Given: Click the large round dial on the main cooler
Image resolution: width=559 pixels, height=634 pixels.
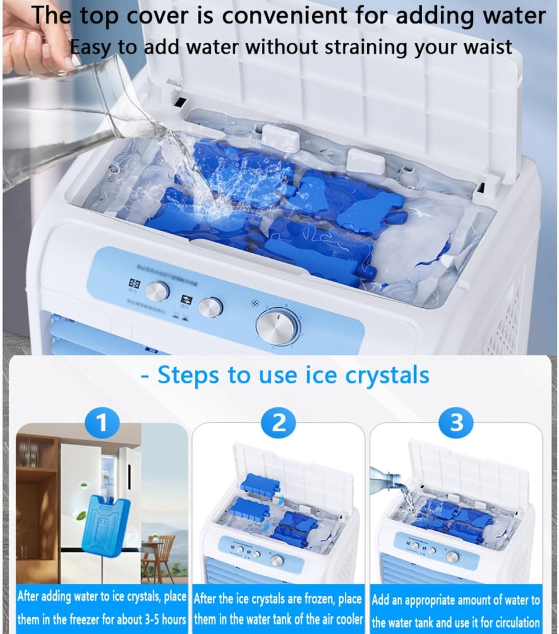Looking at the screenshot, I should point(277,327).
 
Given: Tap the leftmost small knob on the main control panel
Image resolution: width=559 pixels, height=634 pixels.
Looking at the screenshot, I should point(157,291).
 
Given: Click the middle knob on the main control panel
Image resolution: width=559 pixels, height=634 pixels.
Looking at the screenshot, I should point(211,306).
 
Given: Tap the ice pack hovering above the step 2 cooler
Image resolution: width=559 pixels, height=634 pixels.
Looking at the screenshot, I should point(260,485).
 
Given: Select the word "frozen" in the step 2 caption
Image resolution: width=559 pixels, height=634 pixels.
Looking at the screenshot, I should point(318,599).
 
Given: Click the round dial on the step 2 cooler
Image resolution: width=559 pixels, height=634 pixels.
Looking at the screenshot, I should point(277,560).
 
